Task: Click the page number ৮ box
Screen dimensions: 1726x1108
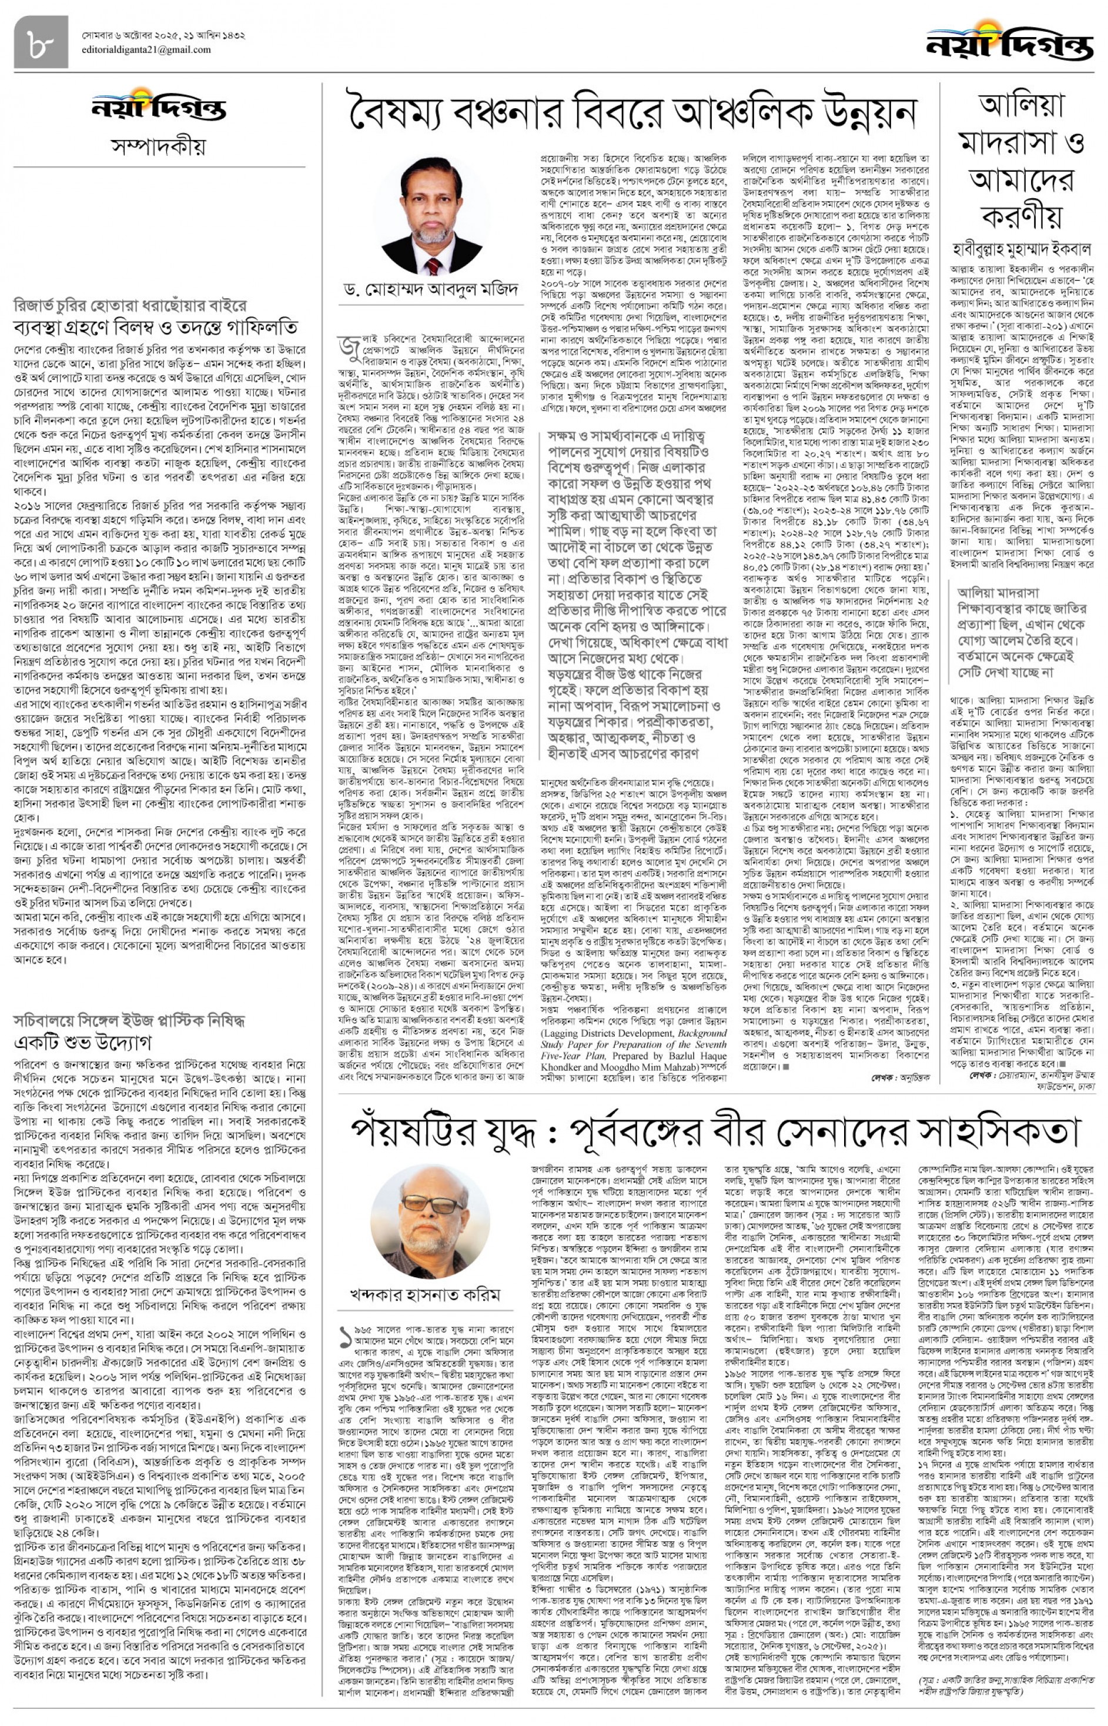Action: point(41,42)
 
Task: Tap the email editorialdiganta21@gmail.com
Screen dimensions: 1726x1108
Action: point(146,49)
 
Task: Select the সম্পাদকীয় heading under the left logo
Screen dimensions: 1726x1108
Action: point(158,146)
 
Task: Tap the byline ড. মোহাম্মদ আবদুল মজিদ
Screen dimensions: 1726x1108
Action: point(431,290)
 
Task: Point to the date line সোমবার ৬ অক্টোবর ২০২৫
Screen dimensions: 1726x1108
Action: point(163,35)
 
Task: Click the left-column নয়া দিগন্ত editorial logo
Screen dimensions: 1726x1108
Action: point(158,108)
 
